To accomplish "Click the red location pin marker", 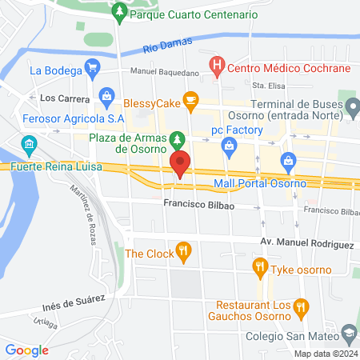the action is (180, 162).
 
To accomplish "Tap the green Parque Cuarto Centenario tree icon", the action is (119, 13).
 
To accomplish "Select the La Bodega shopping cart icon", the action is (93, 69).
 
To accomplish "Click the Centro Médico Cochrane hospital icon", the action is (216, 66).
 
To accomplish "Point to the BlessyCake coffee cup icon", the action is (190, 99).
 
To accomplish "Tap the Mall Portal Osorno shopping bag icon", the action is (288, 162).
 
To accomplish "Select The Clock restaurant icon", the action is (183, 250).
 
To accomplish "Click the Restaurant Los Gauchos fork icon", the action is (301, 306).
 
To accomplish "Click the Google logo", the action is (26, 350).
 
